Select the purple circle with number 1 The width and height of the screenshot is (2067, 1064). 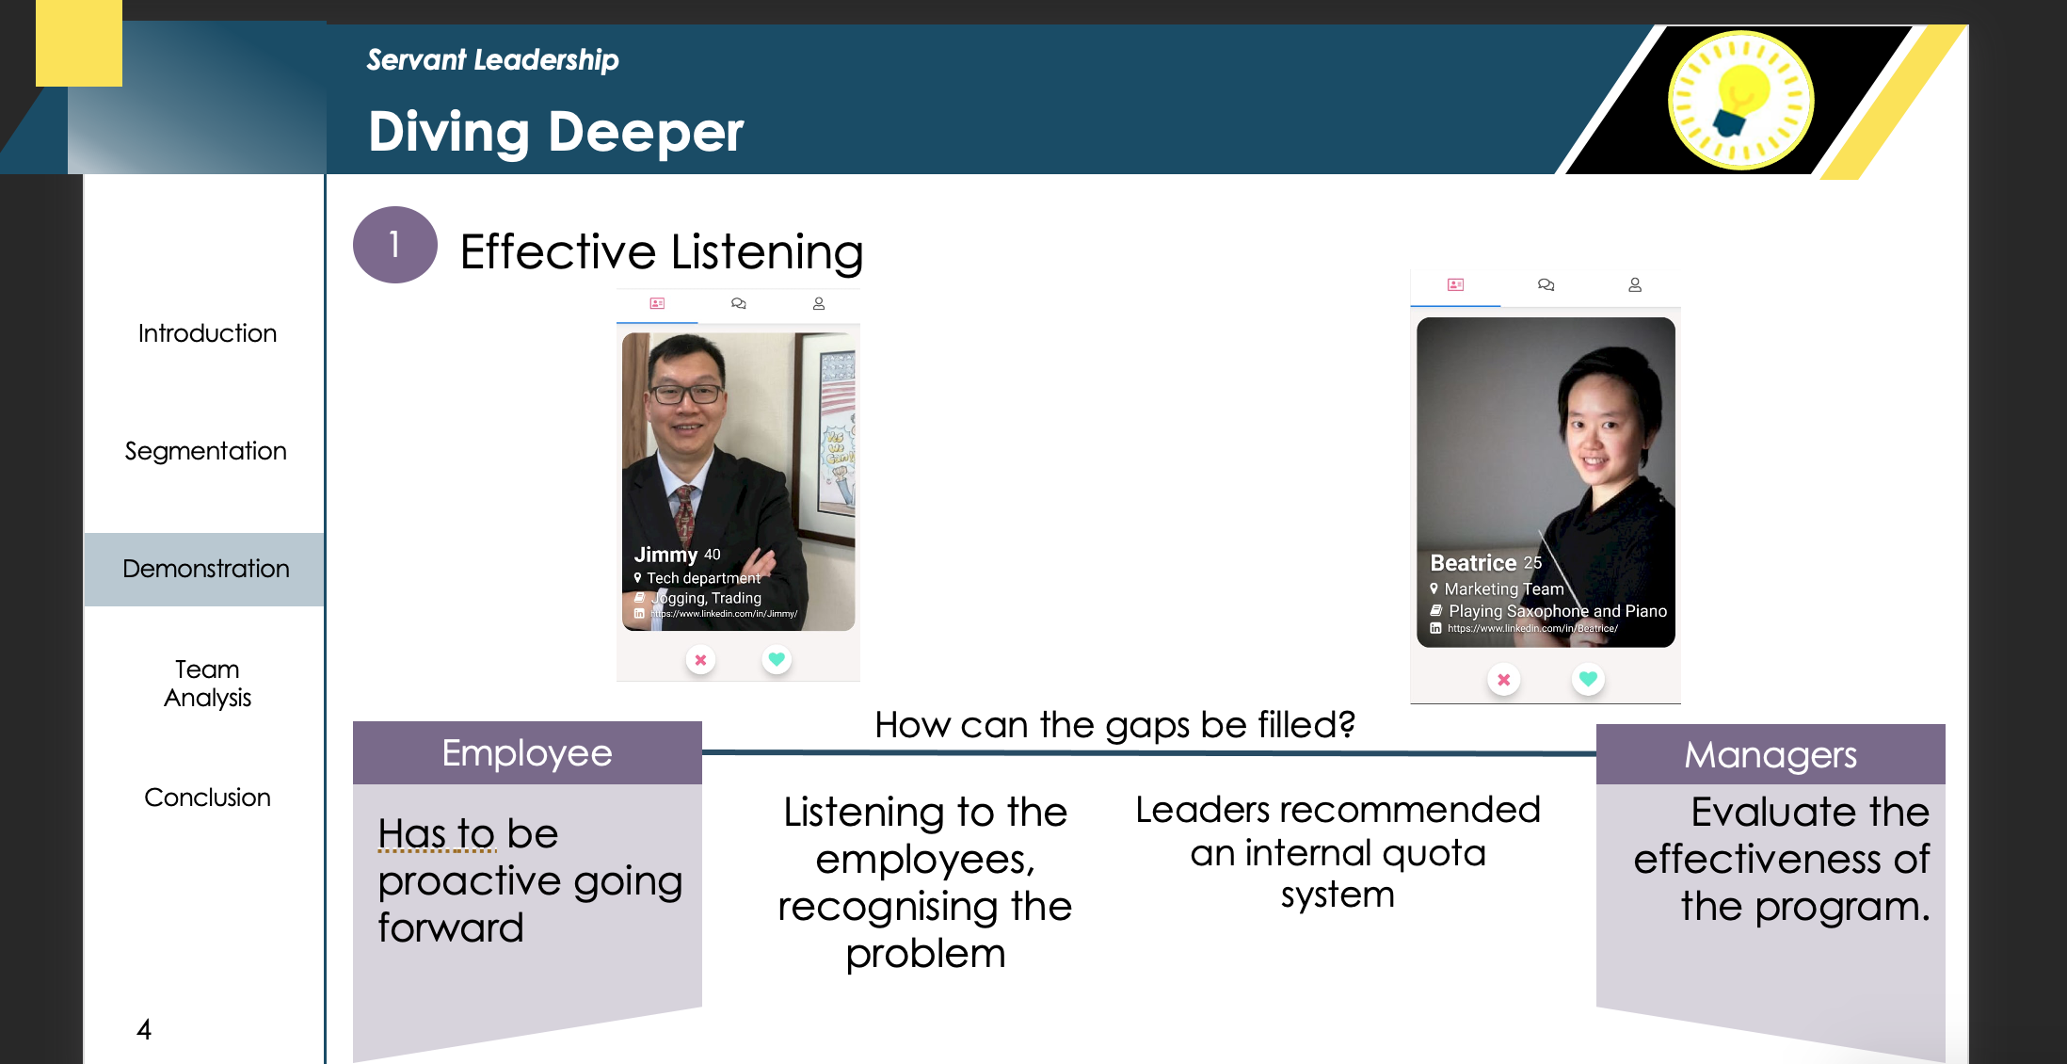(394, 245)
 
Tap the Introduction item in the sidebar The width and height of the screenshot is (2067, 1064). (207, 333)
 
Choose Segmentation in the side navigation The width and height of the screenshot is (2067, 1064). (205, 451)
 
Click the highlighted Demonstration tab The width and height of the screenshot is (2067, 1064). (205, 569)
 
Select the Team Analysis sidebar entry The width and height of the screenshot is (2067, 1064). (207, 684)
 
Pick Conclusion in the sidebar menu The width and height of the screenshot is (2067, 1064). (207, 798)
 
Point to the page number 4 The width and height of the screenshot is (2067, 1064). (144, 1029)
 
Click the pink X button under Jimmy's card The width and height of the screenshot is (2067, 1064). (700, 660)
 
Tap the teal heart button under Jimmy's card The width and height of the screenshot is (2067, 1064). (777, 659)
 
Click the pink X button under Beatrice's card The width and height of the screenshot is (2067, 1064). (1504, 680)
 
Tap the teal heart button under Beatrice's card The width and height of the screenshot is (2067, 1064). (1588, 679)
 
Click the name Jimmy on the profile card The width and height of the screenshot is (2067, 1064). (665, 555)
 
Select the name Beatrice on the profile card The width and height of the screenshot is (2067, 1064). (1473, 563)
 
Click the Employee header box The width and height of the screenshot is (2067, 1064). (527, 752)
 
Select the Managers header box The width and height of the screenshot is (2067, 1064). (1771, 754)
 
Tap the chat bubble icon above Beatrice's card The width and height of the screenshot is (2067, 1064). (1546, 284)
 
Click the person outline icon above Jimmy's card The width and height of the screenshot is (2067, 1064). (819, 303)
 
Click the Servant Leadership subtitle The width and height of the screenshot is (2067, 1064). (492, 60)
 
